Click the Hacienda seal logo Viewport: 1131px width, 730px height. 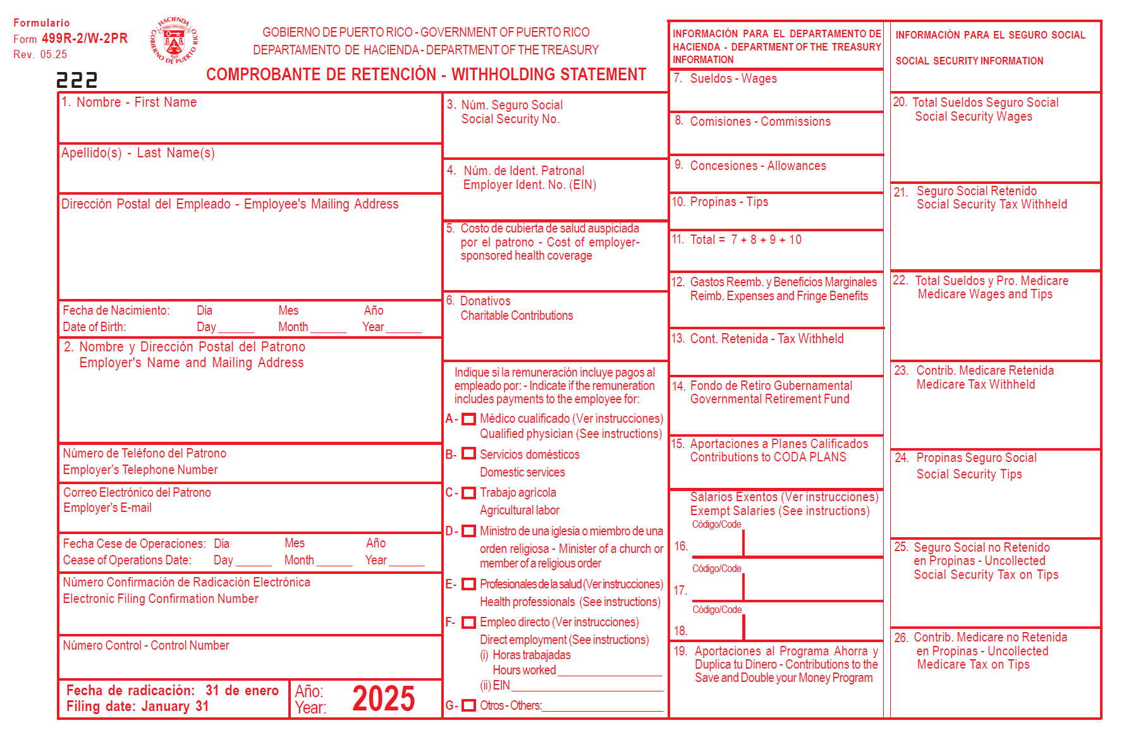point(174,40)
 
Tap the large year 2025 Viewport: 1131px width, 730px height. point(383,699)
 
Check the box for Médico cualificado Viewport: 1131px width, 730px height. point(468,419)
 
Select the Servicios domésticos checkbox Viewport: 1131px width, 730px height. point(468,454)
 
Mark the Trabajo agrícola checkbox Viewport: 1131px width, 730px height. point(468,493)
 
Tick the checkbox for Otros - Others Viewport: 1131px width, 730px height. point(468,705)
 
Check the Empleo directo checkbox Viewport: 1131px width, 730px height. point(468,623)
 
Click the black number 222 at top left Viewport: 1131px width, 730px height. point(76,80)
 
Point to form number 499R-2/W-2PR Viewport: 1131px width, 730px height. point(85,39)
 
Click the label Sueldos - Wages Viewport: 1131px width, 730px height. point(733,79)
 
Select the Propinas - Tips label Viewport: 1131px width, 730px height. point(729,202)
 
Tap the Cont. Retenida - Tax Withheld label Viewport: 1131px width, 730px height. point(766,339)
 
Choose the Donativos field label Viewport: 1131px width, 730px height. point(485,301)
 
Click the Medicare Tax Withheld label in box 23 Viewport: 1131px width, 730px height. point(975,384)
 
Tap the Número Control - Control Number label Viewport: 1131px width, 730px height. point(146,645)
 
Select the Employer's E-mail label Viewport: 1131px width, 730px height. point(107,508)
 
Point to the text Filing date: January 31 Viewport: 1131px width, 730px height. point(138,707)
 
